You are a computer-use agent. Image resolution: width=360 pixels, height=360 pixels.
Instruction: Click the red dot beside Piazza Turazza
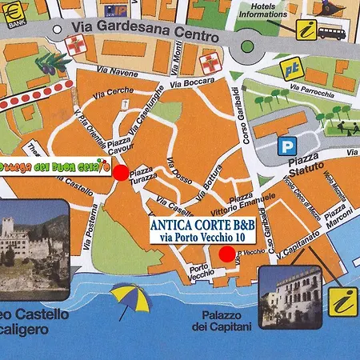coord(120,172)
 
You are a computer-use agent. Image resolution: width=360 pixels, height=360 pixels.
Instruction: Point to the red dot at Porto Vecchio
coord(227,254)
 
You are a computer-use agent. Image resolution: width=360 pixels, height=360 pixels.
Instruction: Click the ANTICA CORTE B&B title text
coord(202,226)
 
